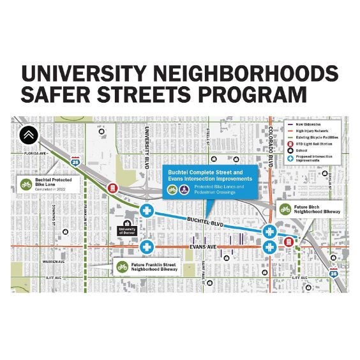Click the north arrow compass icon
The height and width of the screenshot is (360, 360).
click(x=27, y=135)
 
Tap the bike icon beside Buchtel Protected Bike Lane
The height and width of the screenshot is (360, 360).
click(x=26, y=184)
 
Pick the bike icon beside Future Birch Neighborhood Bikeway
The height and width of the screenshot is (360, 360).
click(x=285, y=209)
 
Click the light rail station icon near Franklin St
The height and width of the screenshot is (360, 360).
click(x=113, y=188)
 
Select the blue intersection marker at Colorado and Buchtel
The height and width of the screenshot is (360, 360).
click(x=269, y=231)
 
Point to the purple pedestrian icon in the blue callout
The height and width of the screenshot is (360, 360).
click(x=183, y=190)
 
